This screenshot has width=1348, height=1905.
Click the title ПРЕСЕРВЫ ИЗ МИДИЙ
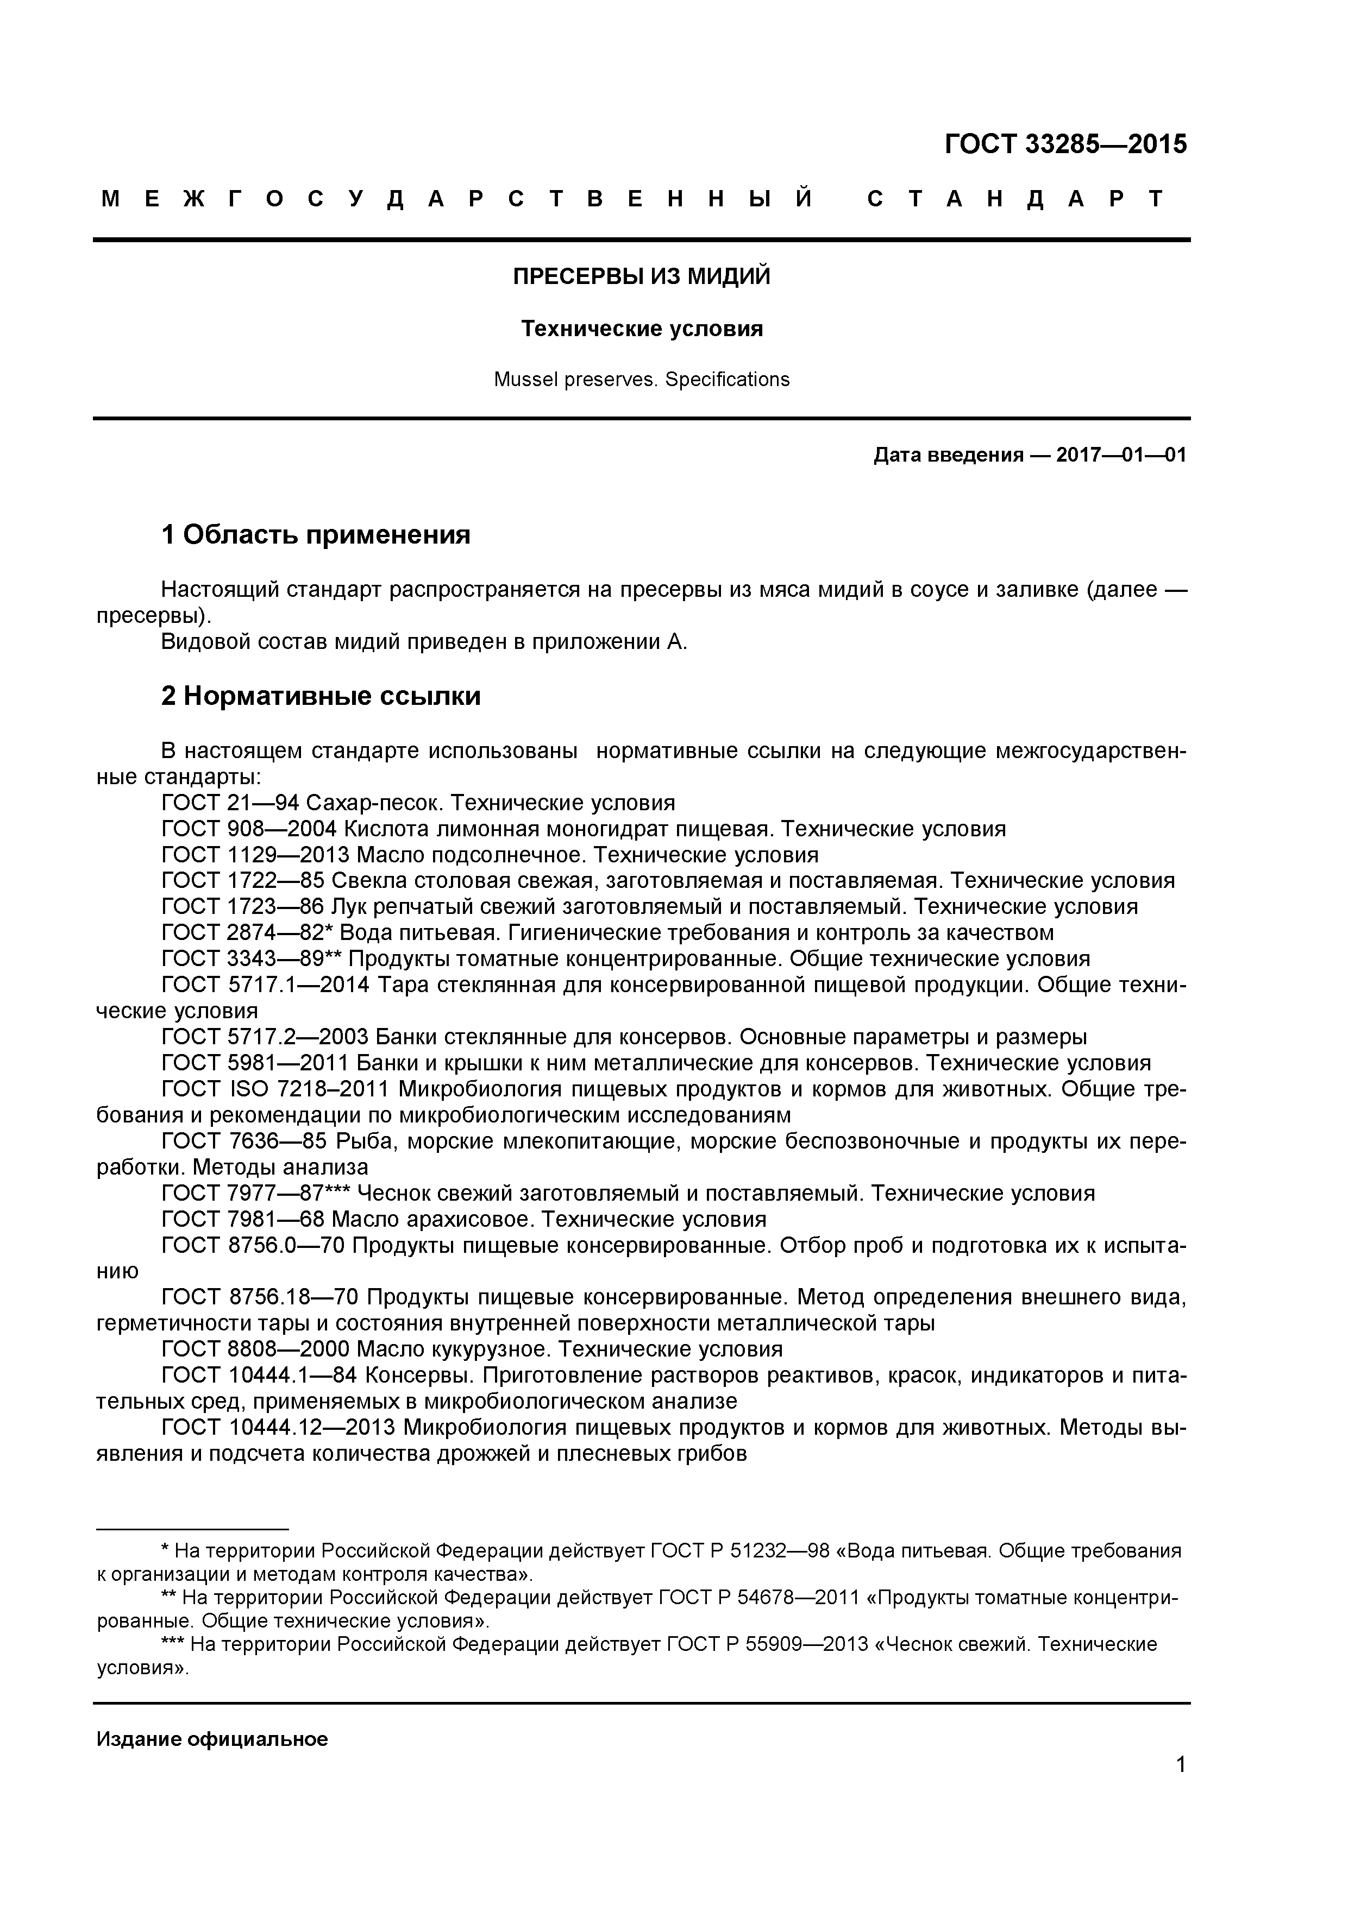coord(641,276)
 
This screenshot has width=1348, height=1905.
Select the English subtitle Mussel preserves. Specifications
coord(641,380)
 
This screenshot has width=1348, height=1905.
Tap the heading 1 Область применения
coord(316,534)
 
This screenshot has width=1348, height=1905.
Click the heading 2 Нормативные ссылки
coord(321,695)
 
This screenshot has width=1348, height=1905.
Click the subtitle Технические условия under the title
coord(641,329)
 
